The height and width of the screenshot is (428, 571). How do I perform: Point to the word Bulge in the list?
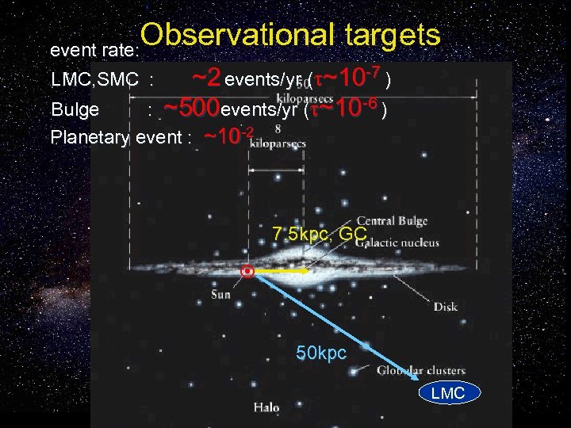click(75, 109)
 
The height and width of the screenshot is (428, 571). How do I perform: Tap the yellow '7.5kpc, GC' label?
click(319, 235)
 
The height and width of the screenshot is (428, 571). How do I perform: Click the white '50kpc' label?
click(321, 353)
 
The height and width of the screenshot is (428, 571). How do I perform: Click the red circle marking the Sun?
click(248, 272)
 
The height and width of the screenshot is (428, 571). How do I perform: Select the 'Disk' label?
click(445, 306)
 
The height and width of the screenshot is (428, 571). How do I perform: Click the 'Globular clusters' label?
click(420, 370)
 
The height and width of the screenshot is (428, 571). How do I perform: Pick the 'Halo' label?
click(266, 407)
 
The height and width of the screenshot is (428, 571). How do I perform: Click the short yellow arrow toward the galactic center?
click(282, 271)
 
